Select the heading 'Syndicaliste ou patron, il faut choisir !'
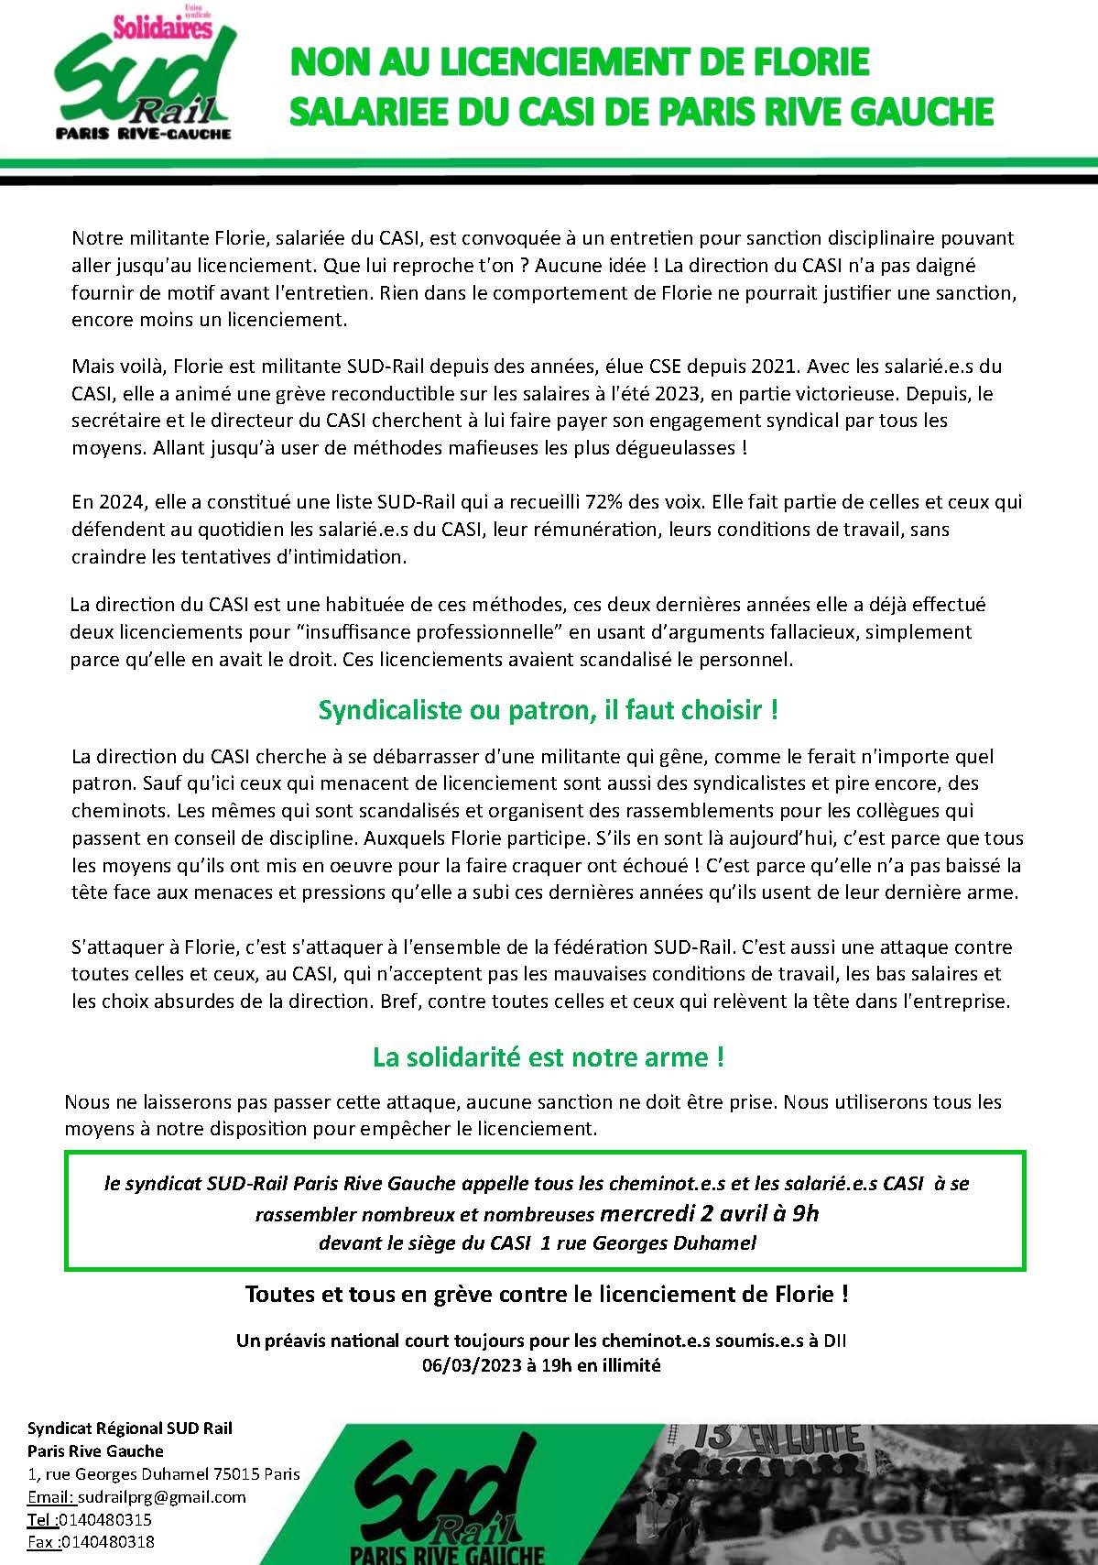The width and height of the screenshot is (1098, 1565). pyautogui.click(x=548, y=710)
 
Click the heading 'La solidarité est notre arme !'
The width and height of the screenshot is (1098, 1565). pyautogui.click(x=548, y=1056)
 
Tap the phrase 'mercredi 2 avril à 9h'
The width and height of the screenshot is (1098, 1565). pyautogui.click(x=709, y=1214)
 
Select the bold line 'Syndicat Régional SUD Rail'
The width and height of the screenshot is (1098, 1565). pyautogui.click(x=130, y=1428)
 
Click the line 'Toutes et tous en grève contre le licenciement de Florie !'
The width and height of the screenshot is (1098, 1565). pyautogui.click(x=546, y=1295)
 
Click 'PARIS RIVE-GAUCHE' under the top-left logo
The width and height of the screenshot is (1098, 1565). pyautogui.click(x=143, y=132)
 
